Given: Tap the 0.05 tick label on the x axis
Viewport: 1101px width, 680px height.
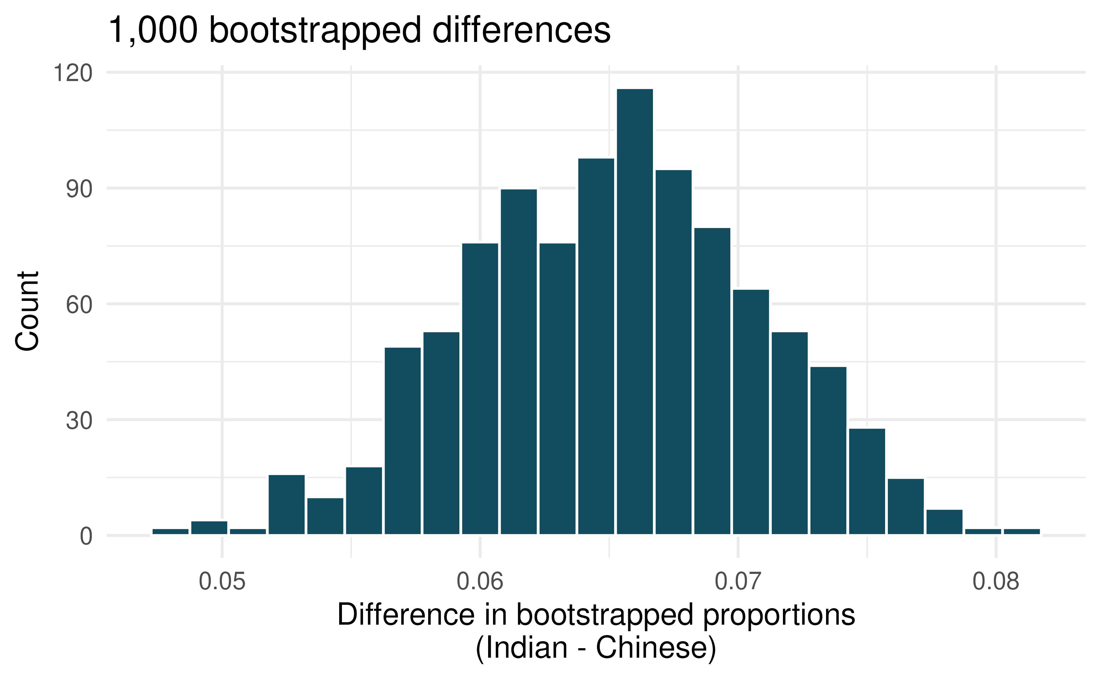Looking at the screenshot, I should [x=222, y=582].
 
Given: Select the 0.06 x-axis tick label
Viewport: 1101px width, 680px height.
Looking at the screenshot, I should [x=480, y=582].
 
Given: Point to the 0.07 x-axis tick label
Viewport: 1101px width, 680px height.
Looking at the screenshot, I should [x=738, y=582].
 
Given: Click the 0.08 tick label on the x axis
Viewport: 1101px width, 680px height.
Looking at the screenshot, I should [x=996, y=582].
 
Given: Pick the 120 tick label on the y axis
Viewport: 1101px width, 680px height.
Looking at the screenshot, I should [x=73, y=73].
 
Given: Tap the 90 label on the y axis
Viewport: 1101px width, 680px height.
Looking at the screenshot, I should [x=79, y=189].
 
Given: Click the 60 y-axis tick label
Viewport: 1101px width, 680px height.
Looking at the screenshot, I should [x=79, y=305].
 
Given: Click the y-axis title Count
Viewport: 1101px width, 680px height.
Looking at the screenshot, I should [x=27, y=311].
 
